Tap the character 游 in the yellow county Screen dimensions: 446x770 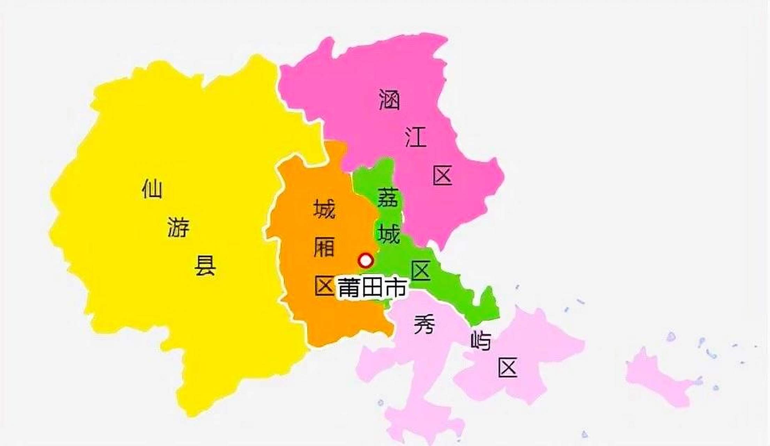pyautogui.click(x=178, y=227)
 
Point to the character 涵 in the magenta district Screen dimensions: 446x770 pyautogui.click(x=389, y=100)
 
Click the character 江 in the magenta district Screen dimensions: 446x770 pyautogui.click(x=416, y=137)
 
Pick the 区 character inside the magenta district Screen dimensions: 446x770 pyautogui.click(x=442, y=175)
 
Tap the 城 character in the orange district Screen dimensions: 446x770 pyautogui.click(x=324, y=209)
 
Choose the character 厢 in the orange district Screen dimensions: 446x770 pyautogui.click(x=324, y=247)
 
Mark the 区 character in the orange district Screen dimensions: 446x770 pyautogui.click(x=324, y=286)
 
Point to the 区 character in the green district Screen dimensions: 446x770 pyautogui.click(x=421, y=271)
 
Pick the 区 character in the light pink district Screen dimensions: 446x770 pyautogui.click(x=507, y=368)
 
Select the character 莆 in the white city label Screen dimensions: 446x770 pyautogui.click(x=349, y=288)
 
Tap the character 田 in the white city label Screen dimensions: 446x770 pyautogui.click(x=372, y=288)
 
